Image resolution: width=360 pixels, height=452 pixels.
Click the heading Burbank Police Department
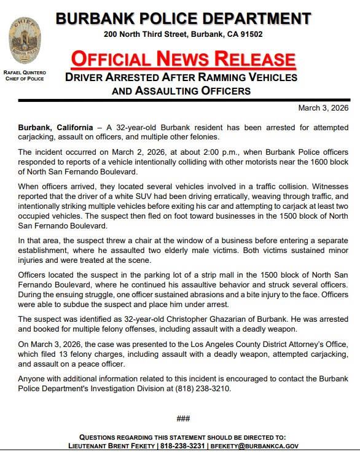tap(183, 18)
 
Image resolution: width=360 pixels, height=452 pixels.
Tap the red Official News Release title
tap(183, 59)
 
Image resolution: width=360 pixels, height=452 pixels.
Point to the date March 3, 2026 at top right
tap(323, 108)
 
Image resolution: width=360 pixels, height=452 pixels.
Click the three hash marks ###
tap(183, 418)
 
